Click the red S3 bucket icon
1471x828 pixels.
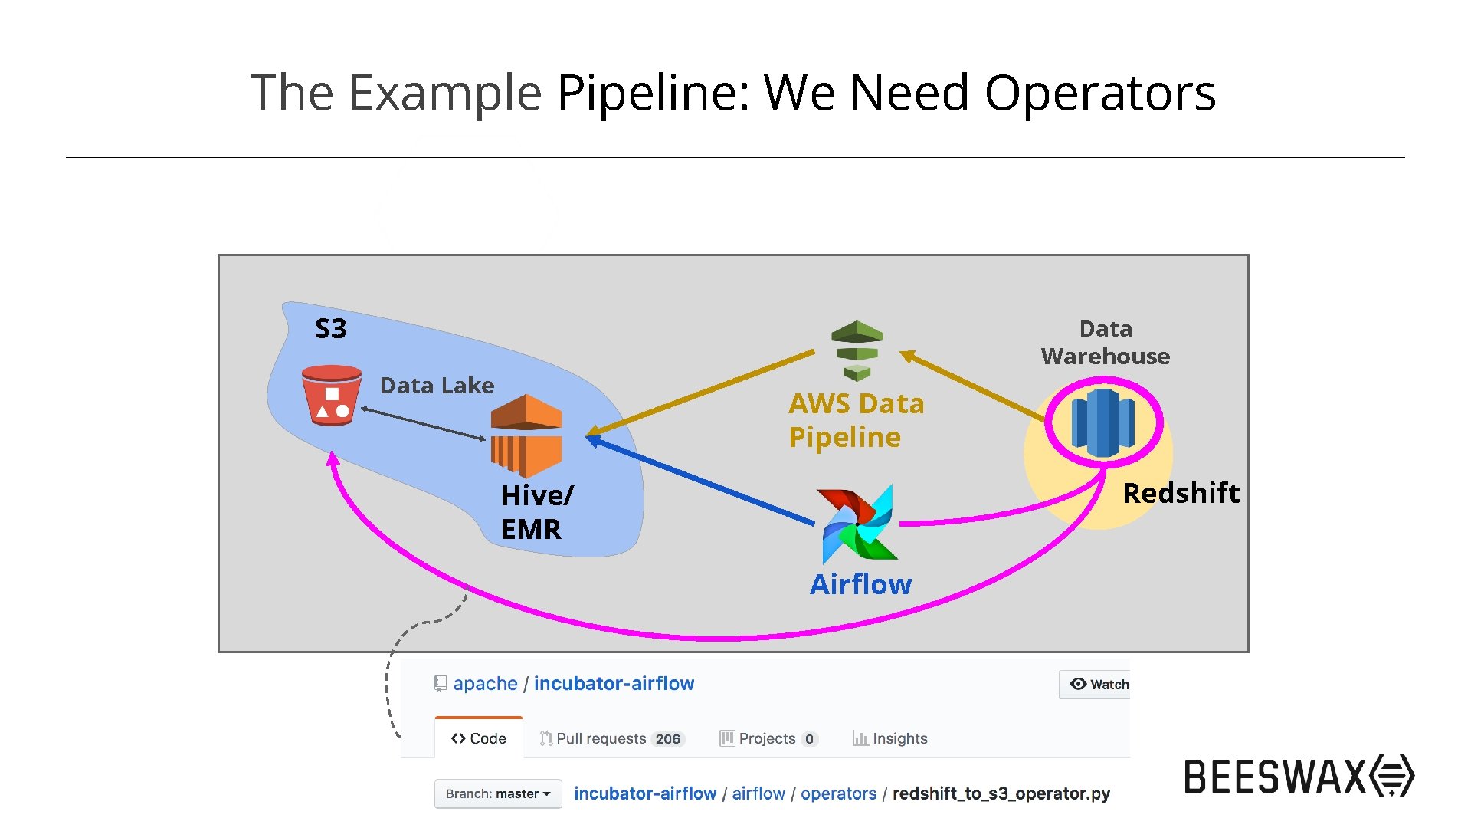point(331,395)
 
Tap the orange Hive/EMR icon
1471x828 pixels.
point(526,435)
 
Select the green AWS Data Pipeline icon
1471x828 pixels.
point(857,350)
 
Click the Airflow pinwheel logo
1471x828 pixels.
point(857,524)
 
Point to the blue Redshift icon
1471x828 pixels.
point(1103,422)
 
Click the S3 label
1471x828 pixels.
point(331,329)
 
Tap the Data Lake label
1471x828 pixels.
point(437,385)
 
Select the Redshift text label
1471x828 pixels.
point(1181,493)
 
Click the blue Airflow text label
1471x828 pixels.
point(861,584)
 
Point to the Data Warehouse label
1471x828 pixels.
point(1105,343)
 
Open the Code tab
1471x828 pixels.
point(479,738)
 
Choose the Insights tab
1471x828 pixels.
point(890,738)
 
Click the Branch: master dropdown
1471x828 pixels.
point(498,793)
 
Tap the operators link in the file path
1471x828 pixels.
point(838,793)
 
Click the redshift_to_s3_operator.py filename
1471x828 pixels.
point(1001,793)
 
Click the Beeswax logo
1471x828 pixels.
point(1299,776)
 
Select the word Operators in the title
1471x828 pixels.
point(1099,93)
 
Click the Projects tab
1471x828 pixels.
point(768,738)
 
